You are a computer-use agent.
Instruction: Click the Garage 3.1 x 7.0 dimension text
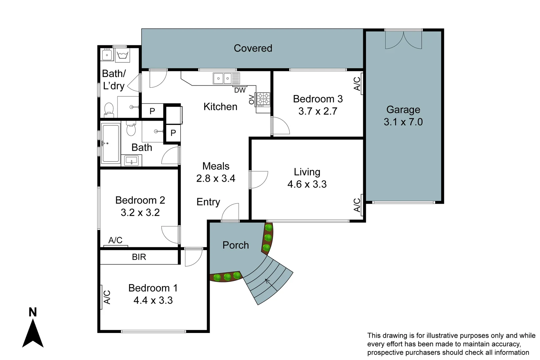click(x=403, y=122)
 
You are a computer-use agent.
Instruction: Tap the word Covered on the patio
click(x=253, y=48)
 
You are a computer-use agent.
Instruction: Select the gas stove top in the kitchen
click(x=263, y=99)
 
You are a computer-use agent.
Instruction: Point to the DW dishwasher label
click(x=240, y=90)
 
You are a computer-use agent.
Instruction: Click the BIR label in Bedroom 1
click(x=139, y=257)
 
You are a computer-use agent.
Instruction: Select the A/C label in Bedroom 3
click(x=357, y=84)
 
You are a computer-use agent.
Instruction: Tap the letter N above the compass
click(x=33, y=312)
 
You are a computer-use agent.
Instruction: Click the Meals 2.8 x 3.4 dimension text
click(x=216, y=179)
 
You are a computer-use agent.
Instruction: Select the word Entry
click(x=208, y=202)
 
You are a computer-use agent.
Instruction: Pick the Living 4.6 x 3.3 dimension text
click(x=307, y=184)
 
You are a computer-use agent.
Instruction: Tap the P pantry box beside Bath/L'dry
click(x=152, y=111)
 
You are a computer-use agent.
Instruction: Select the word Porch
click(x=236, y=245)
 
